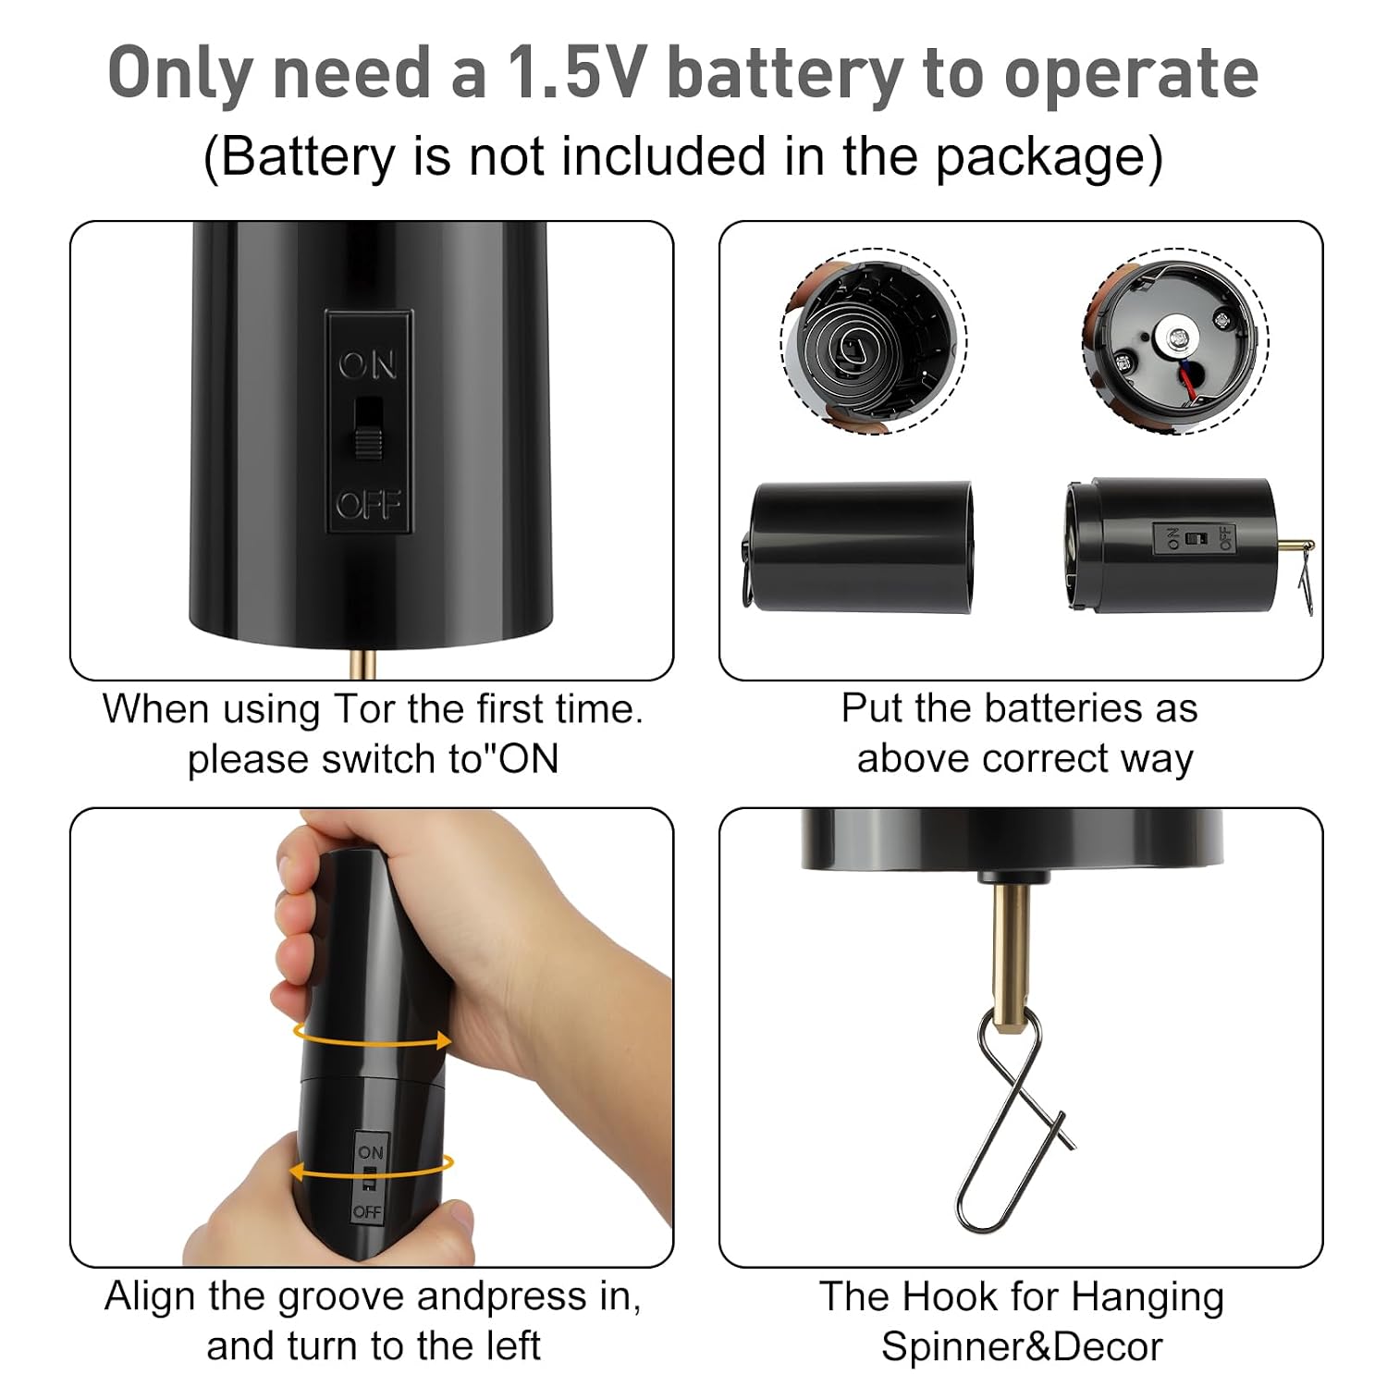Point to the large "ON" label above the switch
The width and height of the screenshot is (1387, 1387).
[367, 365]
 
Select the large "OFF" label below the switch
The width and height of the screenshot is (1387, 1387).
[368, 505]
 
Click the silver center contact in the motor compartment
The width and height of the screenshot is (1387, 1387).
[1178, 339]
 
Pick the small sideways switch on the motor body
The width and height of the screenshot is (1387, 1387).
[1196, 538]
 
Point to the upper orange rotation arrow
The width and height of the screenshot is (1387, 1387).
[373, 1038]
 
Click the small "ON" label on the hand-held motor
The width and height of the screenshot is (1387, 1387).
[371, 1152]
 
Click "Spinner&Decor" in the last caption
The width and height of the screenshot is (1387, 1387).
[1022, 1346]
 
